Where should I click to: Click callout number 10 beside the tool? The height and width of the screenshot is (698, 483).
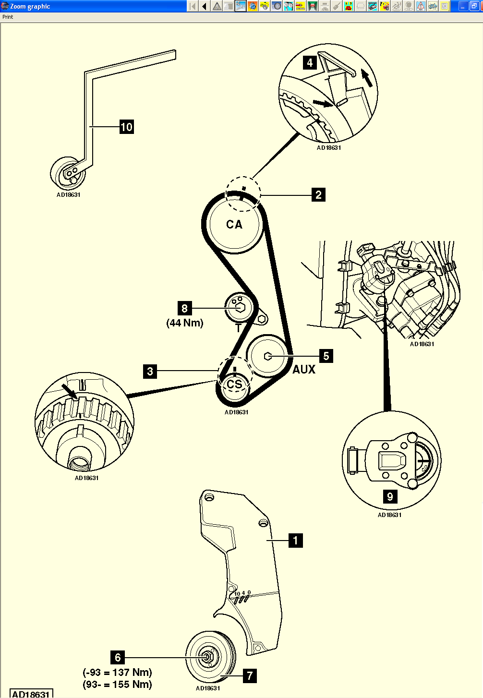click(126, 127)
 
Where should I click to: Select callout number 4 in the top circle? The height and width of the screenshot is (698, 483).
click(310, 63)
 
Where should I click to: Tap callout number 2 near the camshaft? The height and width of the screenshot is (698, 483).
click(318, 195)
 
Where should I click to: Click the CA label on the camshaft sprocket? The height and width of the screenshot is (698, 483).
click(234, 224)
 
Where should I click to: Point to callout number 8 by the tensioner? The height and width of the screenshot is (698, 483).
click(184, 308)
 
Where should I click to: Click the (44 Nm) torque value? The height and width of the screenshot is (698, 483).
click(185, 323)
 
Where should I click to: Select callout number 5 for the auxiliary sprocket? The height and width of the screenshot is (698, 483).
click(326, 356)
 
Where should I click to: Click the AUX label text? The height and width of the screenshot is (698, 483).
click(304, 369)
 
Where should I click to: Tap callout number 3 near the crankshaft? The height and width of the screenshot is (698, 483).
click(150, 371)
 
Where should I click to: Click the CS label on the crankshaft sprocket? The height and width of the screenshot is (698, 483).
click(234, 385)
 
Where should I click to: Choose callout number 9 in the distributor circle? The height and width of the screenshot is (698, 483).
click(390, 497)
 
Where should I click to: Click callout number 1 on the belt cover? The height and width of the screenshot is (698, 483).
click(295, 541)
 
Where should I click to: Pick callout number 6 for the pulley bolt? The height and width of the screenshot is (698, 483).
click(118, 657)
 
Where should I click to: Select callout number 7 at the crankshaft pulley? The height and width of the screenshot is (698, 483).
click(250, 676)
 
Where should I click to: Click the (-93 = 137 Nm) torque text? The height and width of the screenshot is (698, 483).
click(118, 672)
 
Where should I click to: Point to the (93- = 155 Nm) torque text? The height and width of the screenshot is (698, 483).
click(118, 685)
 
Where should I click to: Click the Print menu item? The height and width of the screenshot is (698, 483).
click(8, 17)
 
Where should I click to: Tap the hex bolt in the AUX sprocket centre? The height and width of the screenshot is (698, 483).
click(268, 356)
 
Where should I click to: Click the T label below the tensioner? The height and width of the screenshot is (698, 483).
click(238, 329)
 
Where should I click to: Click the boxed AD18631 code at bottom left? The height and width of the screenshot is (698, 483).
click(31, 694)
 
